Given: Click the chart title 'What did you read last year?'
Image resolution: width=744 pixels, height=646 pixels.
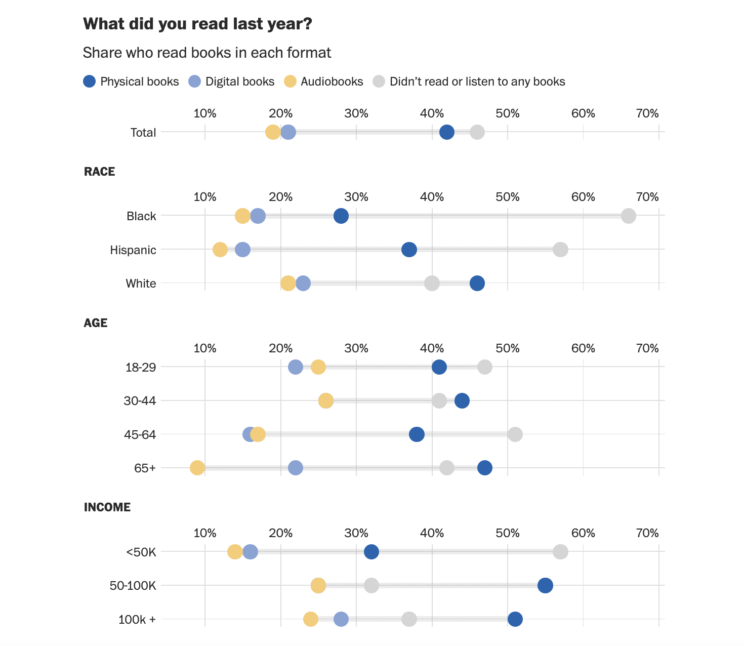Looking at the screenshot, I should click(197, 24).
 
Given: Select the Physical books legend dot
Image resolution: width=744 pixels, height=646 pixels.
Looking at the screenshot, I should click(90, 82).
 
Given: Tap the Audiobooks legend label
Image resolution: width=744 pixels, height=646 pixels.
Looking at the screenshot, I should click(332, 82).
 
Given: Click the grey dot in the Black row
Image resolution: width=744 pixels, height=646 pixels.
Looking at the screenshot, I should click(628, 216).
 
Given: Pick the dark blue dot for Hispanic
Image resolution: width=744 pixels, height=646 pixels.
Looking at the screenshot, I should click(409, 250).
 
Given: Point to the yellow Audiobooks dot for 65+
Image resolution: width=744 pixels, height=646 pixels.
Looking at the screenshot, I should click(197, 468).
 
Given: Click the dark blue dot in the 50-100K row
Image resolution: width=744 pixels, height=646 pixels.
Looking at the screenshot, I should click(545, 586).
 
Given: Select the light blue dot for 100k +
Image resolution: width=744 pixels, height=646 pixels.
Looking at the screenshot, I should click(341, 619).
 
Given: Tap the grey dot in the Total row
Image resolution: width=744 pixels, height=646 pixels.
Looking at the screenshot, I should click(477, 133).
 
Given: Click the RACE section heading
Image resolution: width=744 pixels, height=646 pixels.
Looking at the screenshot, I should click(100, 172).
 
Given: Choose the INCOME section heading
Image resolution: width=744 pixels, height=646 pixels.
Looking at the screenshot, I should click(107, 507).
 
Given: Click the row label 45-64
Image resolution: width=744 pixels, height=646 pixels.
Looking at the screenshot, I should click(140, 434).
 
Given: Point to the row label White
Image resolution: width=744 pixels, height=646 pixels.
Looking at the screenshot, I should click(141, 284).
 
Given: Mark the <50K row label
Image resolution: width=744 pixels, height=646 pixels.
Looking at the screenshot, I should click(141, 552).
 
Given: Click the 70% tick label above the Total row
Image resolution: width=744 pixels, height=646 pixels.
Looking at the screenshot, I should click(647, 113).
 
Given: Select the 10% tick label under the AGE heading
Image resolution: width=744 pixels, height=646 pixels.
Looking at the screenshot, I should click(205, 348).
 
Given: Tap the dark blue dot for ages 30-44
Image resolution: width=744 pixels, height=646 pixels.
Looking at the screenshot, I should click(462, 401).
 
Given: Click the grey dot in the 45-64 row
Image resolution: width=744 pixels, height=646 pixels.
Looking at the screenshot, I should click(515, 434).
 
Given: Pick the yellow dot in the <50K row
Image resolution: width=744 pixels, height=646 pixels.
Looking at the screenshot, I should click(235, 552).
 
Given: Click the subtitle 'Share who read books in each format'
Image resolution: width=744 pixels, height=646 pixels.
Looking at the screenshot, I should click(207, 53).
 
